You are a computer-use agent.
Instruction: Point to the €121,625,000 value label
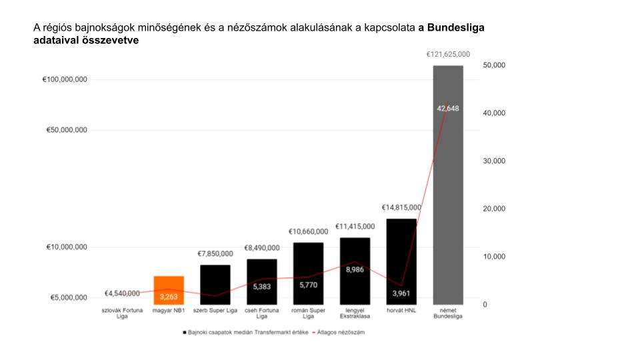coord(448,55)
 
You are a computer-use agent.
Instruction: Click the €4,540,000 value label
coord(122,293)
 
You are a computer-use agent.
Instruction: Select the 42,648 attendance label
coord(448,109)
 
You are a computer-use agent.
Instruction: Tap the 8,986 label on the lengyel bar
coord(355,270)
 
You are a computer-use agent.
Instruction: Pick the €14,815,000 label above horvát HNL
coord(401,208)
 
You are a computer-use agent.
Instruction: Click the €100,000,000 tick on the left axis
coord(65,79)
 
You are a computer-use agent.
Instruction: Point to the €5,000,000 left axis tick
coord(69,298)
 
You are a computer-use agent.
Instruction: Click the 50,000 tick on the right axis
coord(494,65)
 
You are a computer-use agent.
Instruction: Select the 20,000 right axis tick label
coord(494,209)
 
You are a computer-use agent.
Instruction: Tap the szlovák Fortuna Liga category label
coord(122,313)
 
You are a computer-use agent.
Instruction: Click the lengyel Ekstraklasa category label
coord(355,313)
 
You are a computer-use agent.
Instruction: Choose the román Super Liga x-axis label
coord(309,313)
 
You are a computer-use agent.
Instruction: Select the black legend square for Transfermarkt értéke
coord(184,331)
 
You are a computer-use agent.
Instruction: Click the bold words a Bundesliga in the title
coord(451,28)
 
